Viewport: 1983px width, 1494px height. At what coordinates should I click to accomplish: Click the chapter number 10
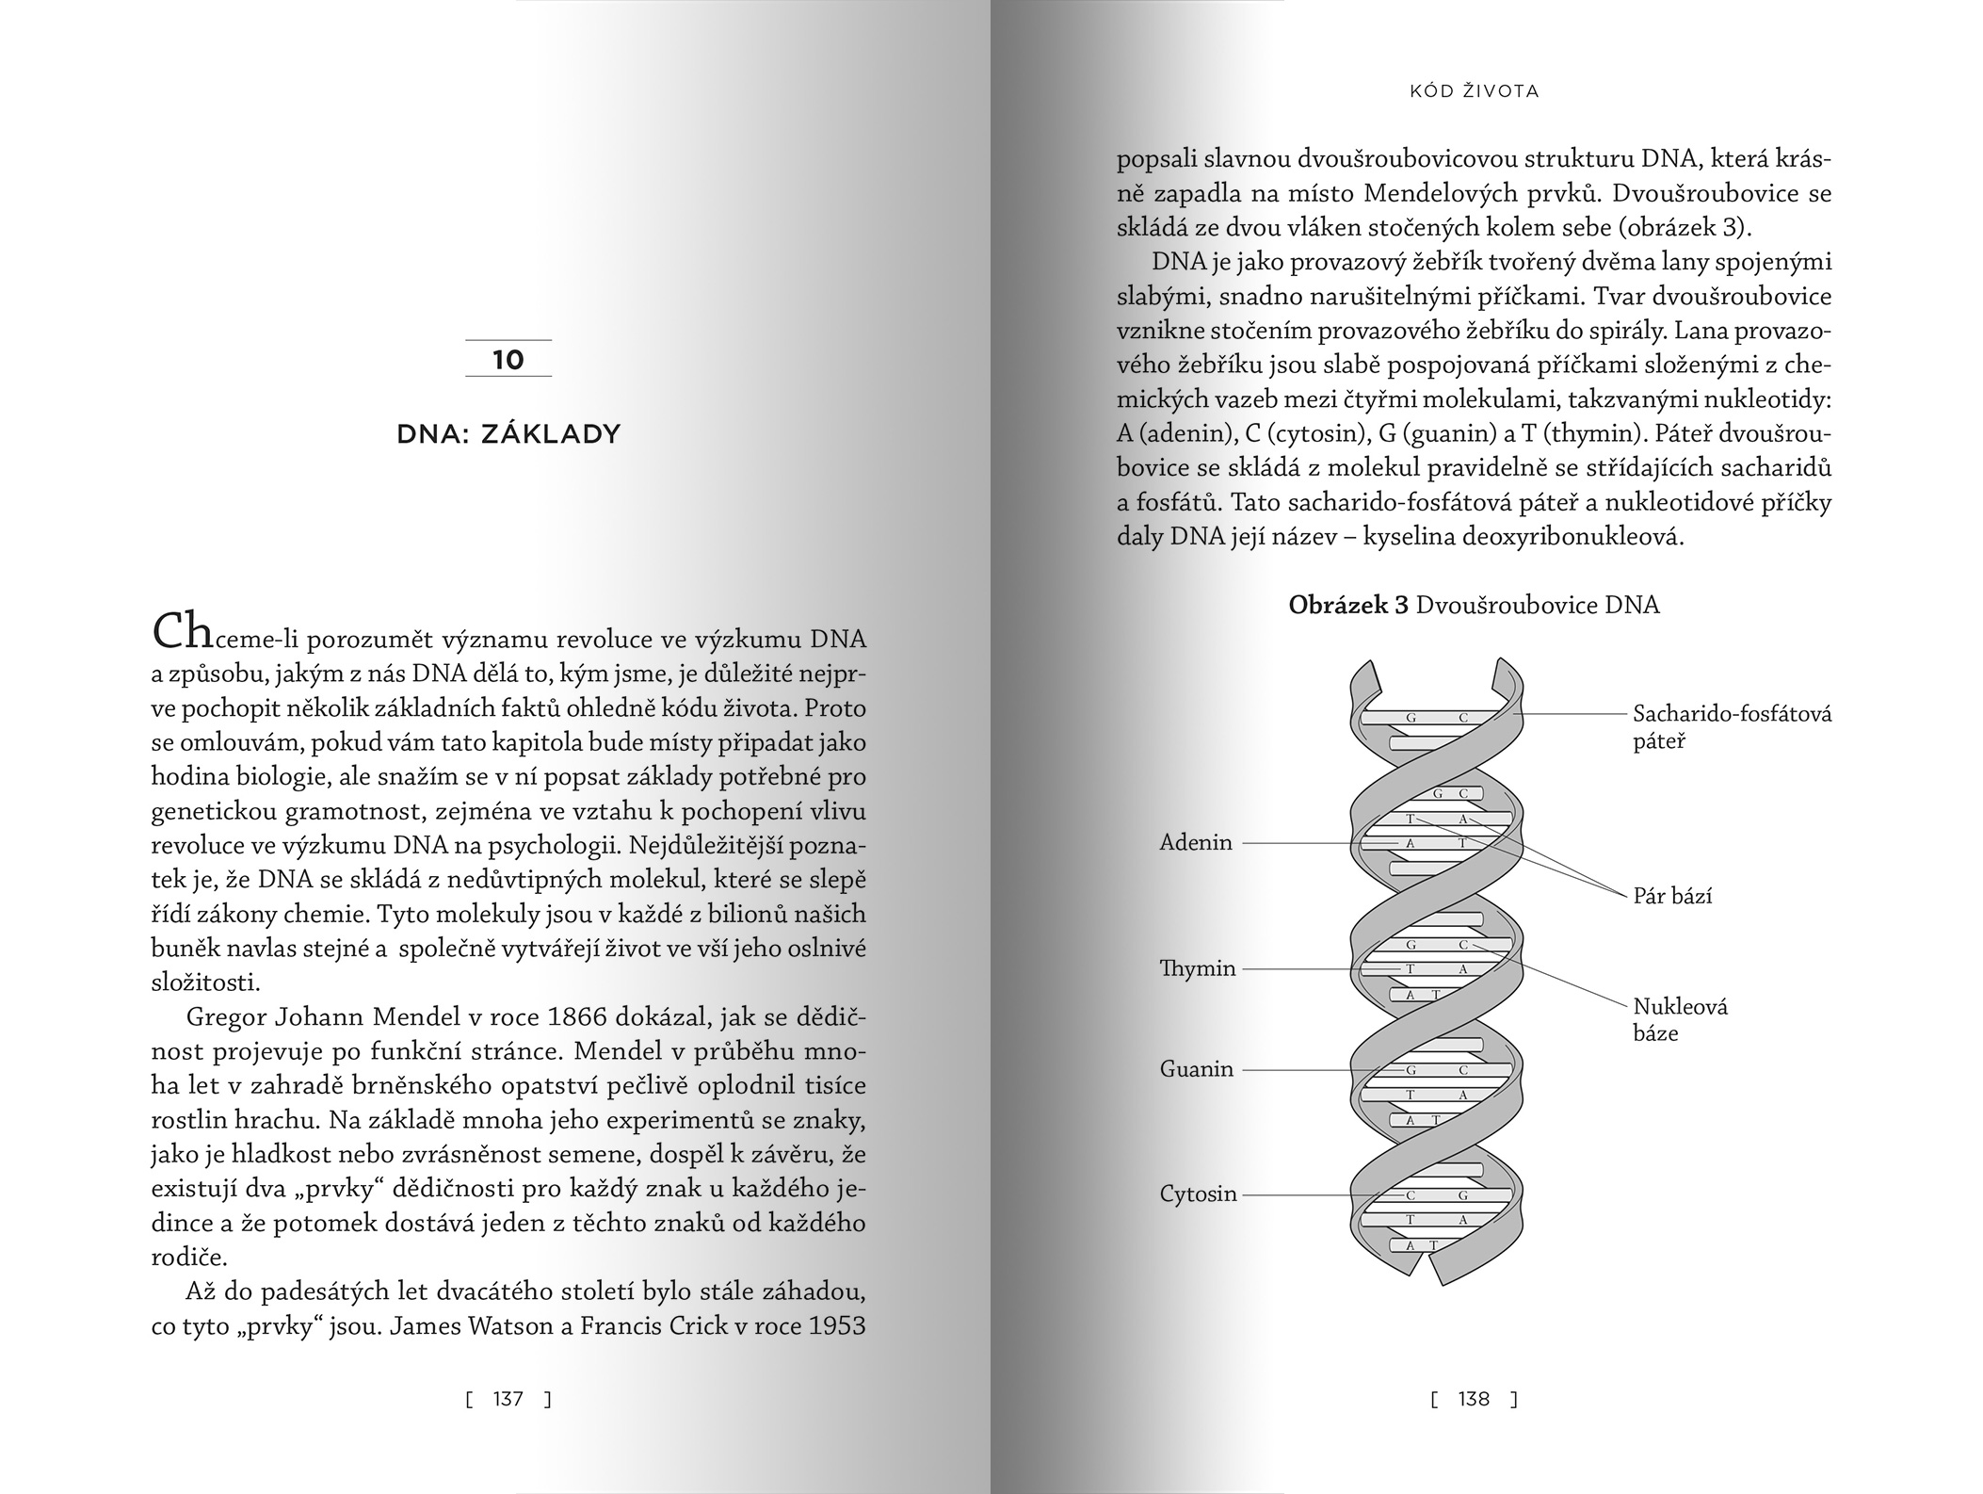508,360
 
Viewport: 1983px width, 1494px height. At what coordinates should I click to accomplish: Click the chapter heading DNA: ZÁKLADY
508,434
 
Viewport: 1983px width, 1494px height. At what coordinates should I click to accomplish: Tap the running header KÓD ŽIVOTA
1474,91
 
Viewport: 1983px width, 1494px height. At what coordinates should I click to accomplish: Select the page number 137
508,1399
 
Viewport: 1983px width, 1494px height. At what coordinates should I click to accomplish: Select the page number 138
1474,1399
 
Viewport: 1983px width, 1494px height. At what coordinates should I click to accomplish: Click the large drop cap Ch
183,631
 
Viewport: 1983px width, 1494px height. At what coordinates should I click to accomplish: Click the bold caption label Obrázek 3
1347,605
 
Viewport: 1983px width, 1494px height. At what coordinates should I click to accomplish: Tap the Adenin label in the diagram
1196,842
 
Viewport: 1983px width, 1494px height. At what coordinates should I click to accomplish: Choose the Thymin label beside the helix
1198,968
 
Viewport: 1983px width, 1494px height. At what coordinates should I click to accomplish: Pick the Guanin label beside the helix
1196,1069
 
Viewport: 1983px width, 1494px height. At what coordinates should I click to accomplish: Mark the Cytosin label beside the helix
1198,1194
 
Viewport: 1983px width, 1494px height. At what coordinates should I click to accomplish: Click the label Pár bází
1672,896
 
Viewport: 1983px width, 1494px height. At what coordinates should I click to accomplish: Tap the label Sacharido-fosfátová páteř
1732,727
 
